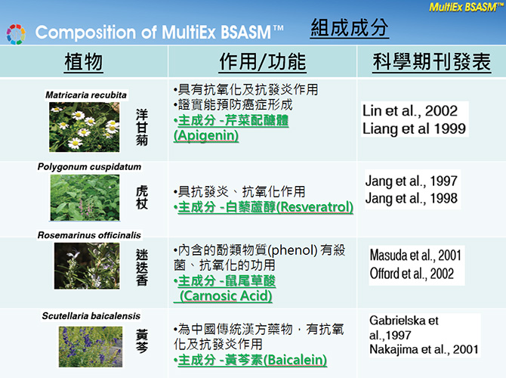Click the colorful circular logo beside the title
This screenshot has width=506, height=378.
[16, 34]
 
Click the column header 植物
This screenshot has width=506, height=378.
[84, 62]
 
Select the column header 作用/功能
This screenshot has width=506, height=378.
[262, 62]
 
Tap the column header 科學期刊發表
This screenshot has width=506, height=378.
[431, 62]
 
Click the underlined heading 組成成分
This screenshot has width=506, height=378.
[349, 28]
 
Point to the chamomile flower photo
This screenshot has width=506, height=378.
[85, 127]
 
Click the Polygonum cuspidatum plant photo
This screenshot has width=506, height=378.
[85, 197]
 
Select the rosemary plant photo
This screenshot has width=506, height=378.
[87, 265]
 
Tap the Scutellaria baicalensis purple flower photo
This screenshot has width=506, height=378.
[91, 347]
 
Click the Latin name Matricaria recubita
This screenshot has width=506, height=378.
[86, 95]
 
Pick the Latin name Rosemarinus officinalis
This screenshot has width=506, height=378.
[89, 235]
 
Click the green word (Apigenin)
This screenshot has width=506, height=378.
[206, 135]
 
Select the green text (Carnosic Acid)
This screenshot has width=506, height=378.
[226, 296]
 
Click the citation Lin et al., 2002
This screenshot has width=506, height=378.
[410, 111]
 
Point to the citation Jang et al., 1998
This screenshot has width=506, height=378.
[411, 198]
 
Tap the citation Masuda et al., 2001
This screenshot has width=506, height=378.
[415, 256]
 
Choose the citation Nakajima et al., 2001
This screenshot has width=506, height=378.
[424, 349]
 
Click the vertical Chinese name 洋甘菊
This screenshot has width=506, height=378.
[142, 127]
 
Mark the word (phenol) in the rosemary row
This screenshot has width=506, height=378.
[292, 250]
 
